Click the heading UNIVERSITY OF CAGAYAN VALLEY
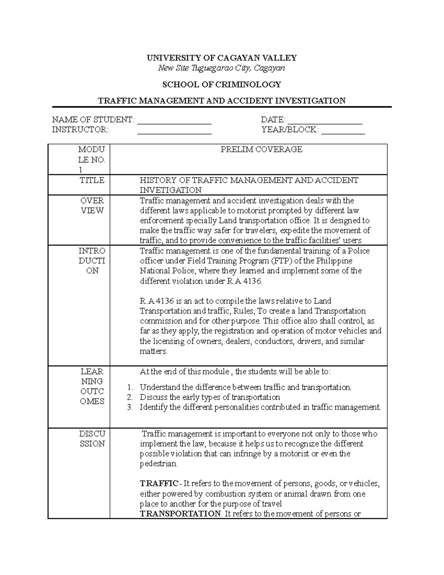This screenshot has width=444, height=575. point(222,58)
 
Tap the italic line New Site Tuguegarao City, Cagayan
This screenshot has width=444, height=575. point(222,68)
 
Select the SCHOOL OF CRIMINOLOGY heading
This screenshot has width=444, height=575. point(222,84)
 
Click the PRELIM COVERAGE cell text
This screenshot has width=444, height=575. point(261,150)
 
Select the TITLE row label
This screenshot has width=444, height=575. point(92,180)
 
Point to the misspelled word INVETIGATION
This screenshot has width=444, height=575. point(170,190)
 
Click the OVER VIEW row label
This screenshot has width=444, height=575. point(92,205)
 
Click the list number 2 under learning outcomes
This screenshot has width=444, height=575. point(129,398)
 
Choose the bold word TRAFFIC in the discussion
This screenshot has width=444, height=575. point(159,484)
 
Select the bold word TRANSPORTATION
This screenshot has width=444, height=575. point(180,514)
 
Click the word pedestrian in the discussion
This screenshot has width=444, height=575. point(158,464)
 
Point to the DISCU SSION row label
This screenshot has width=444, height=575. point(92,439)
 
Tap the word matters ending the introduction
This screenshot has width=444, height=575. point(153,351)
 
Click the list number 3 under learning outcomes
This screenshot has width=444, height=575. point(129,408)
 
